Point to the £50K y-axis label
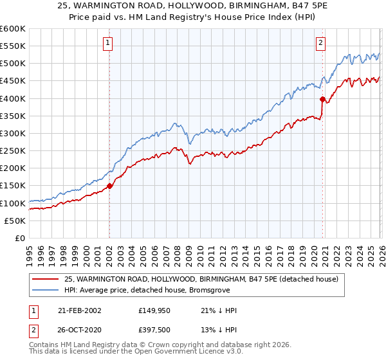[x=15, y=221]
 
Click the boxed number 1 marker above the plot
[x=108, y=43]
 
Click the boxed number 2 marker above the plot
[x=320, y=43]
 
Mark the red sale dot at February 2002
[x=109, y=186]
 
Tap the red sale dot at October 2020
[x=322, y=100]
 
